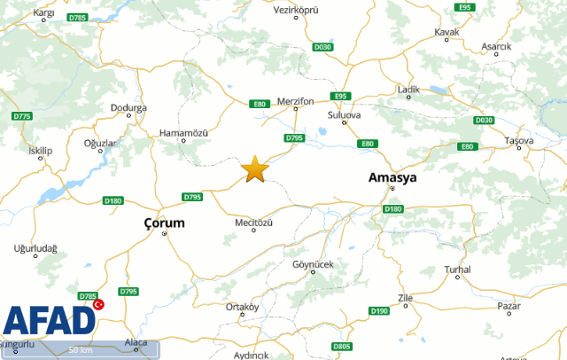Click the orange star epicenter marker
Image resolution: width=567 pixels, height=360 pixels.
(x=255, y=168)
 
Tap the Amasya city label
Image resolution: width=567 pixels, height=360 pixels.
(x=392, y=178)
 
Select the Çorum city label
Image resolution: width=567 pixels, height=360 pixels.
(x=165, y=223)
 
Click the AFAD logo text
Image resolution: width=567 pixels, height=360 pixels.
(x=49, y=321)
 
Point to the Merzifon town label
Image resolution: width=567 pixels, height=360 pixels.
(x=296, y=102)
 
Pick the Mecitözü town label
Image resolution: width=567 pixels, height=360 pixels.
(x=253, y=222)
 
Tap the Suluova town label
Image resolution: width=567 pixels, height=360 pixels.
(x=345, y=115)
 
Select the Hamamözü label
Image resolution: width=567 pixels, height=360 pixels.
(x=183, y=132)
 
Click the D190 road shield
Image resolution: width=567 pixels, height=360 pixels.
(x=378, y=310)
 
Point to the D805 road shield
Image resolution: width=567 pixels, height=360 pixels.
(x=342, y=346)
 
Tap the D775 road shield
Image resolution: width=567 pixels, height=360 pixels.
(x=22, y=116)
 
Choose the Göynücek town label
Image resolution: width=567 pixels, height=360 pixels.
(x=310, y=265)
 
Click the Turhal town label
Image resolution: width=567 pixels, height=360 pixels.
(x=457, y=269)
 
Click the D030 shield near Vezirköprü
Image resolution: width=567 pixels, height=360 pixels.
(x=323, y=46)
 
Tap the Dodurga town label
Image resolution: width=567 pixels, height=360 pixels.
(x=128, y=108)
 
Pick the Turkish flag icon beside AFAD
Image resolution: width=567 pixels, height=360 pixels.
(x=98, y=303)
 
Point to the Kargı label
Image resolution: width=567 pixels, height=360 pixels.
(x=43, y=13)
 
